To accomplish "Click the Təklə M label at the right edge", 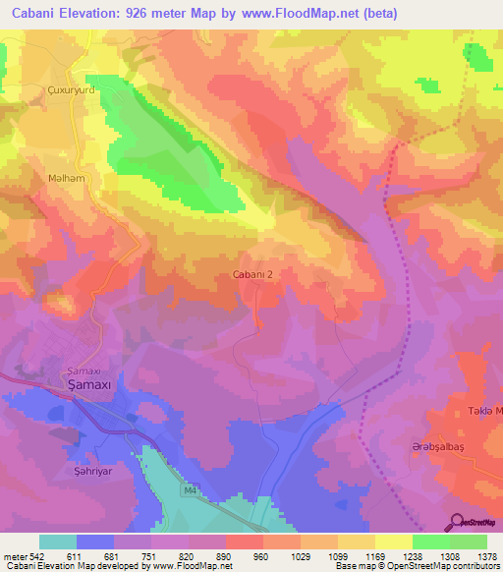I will [482, 411].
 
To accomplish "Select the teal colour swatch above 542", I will [58, 542].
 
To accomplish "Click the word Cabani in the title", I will [32, 13].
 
